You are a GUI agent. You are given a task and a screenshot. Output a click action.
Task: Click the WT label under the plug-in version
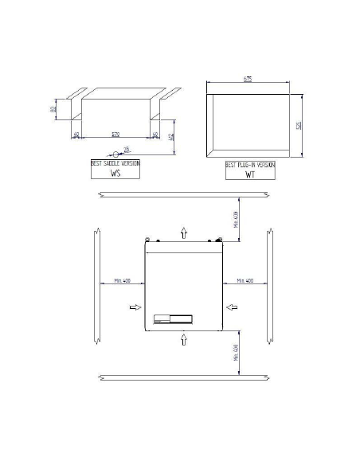248,172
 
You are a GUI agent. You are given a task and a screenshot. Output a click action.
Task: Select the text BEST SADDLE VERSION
115,162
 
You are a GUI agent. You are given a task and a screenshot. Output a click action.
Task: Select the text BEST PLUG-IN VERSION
250,163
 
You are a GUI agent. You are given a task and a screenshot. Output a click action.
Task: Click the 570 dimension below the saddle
116,134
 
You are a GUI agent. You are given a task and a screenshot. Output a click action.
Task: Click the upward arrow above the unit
184,232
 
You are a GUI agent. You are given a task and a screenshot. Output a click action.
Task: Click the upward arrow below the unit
184,340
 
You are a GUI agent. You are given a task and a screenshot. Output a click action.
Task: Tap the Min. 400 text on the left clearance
122,280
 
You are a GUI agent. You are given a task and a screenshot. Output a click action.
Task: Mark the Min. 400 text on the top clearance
236,219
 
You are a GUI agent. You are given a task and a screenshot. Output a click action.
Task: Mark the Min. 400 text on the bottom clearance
236,353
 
